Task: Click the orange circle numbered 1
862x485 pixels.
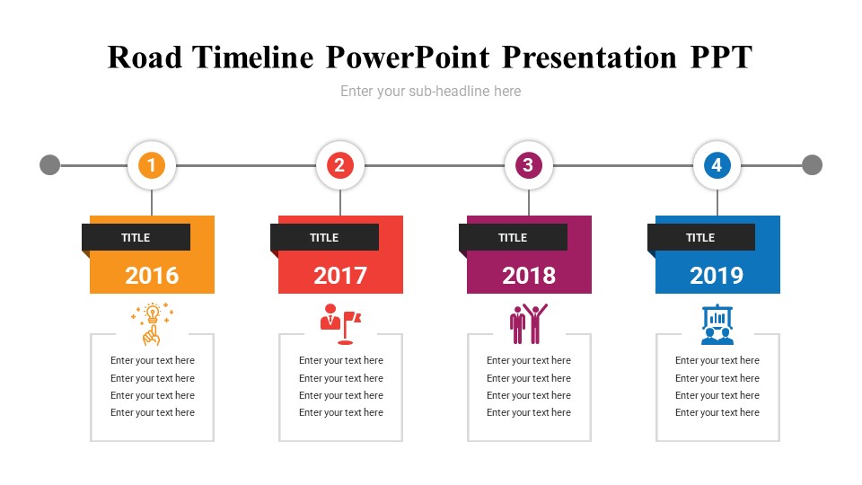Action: click(152, 165)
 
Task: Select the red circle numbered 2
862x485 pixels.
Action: click(339, 165)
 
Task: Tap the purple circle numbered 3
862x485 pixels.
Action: click(528, 165)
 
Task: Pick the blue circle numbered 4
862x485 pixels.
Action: click(717, 165)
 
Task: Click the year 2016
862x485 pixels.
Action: click(152, 276)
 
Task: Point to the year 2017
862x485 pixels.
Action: click(340, 276)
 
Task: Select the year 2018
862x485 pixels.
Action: click(529, 276)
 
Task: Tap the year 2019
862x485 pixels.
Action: click(717, 276)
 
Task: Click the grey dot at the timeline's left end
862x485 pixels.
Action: click(50, 165)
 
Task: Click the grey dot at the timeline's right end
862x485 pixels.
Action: click(812, 165)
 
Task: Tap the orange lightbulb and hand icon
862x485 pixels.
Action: click(153, 324)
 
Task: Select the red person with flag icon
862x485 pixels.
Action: click(341, 324)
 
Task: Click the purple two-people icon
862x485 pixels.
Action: click(529, 324)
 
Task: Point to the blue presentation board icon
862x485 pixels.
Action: click(717, 324)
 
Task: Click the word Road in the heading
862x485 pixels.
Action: click(145, 57)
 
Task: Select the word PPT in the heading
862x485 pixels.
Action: click(721, 57)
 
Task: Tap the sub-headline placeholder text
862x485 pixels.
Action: click(430, 92)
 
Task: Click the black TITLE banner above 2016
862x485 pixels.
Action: click(136, 237)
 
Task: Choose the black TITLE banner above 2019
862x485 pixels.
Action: click(701, 237)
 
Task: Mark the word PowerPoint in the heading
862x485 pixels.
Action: click(408, 57)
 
